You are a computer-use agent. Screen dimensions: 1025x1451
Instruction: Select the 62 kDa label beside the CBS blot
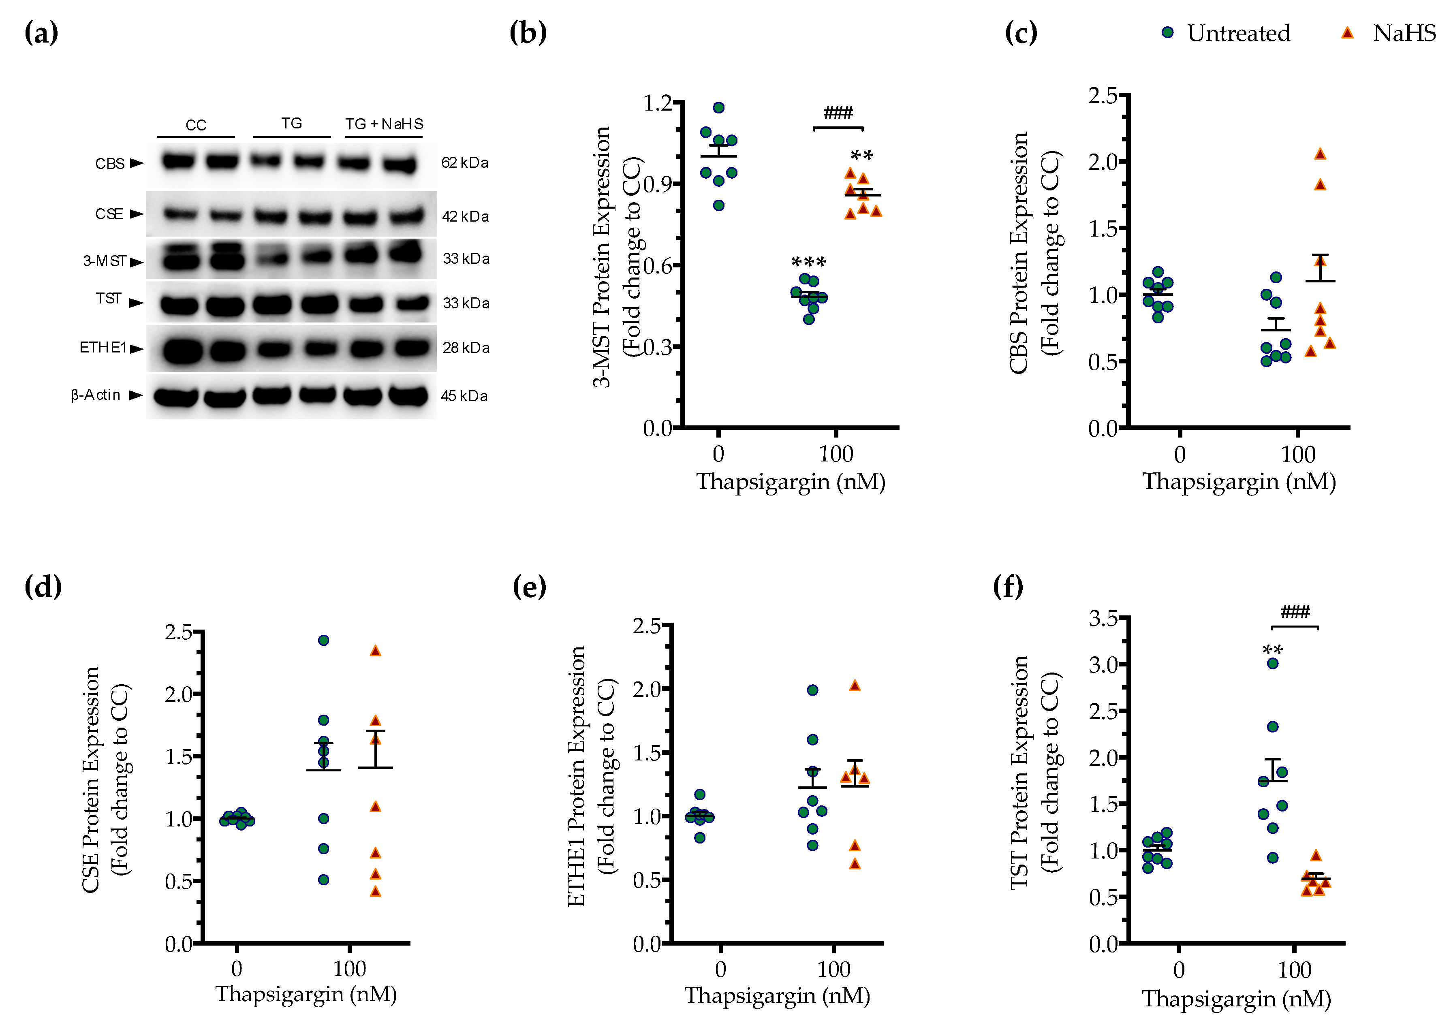(x=464, y=163)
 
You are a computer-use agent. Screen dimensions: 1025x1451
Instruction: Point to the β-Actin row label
(x=96, y=395)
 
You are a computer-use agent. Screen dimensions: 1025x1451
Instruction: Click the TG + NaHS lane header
(x=384, y=124)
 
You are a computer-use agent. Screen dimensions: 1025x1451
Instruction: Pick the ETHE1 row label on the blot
(x=103, y=348)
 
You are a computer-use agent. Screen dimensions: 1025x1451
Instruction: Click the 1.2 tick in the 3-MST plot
(x=658, y=102)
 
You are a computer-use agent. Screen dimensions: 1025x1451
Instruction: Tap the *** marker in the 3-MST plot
(x=808, y=262)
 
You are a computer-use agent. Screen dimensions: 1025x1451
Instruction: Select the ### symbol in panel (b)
(x=838, y=113)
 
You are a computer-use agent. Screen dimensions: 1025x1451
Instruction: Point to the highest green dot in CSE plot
(x=324, y=640)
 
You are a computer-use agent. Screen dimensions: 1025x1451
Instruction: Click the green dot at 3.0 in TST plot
(x=1273, y=663)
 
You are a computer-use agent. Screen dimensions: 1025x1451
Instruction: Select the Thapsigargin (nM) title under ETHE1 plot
(x=777, y=995)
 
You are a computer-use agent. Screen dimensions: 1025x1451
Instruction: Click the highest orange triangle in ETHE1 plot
(x=855, y=685)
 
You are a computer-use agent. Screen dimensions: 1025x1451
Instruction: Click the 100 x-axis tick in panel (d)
(x=349, y=968)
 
